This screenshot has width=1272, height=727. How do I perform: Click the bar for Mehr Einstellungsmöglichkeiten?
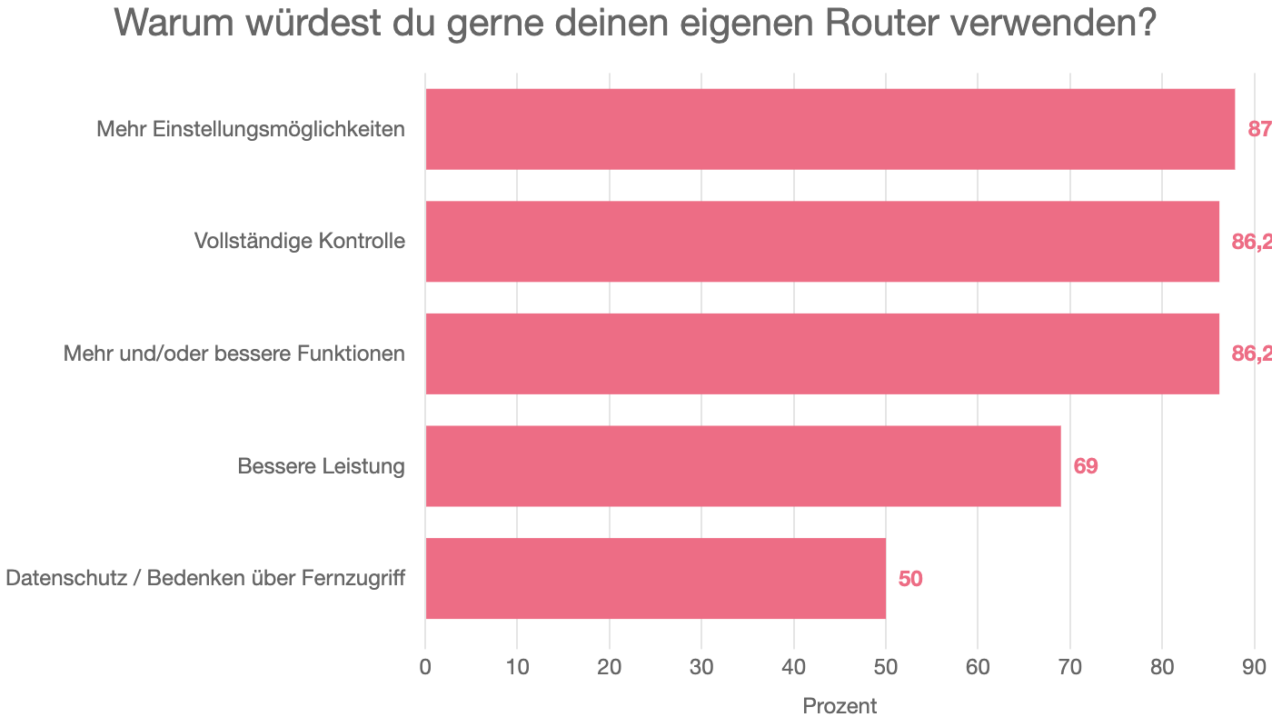(x=830, y=129)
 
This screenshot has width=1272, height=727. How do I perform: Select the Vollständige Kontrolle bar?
(x=822, y=241)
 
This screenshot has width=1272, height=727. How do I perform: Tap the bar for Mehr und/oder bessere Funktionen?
(x=822, y=354)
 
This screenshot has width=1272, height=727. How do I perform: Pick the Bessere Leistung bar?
(x=743, y=466)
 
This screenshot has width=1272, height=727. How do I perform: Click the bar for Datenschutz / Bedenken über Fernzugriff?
(x=655, y=578)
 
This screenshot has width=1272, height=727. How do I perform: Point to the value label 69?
(x=1086, y=467)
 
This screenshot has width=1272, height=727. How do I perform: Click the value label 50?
(x=910, y=579)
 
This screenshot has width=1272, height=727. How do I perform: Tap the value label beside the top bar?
(x=1259, y=130)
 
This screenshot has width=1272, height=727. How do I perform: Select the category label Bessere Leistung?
(x=321, y=467)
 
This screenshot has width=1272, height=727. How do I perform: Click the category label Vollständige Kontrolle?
(x=299, y=242)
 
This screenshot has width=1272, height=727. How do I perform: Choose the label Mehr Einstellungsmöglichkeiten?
(x=251, y=130)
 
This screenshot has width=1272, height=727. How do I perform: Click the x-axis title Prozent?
(x=840, y=706)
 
